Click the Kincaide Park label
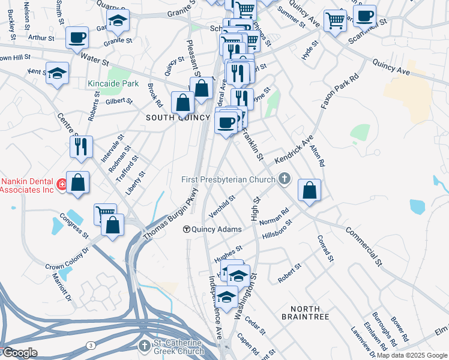[x=113, y=84]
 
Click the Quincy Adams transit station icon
[x=187, y=229]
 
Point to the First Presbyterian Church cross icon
[x=285, y=178]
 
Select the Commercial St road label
[x=363, y=245]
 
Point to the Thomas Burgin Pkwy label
[x=171, y=217]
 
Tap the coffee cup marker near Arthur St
[x=76, y=38]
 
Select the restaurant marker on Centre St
[x=81, y=146]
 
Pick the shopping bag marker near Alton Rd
[x=309, y=190]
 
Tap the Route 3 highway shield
[x=91, y=346]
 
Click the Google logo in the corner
[x=19, y=353]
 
